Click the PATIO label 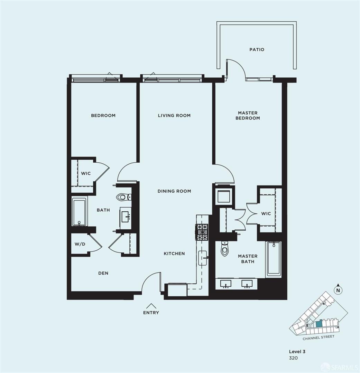click(x=257, y=49)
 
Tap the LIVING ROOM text click(x=174, y=115)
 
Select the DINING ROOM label click(x=174, y=191)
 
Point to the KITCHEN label click(x=174, y=254)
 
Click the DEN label click(x=103, y=273)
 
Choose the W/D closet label click(x=80, y=244)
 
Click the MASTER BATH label click(x=248, y=259)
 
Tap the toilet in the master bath click(x=224, y=248)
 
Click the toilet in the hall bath click(x=124, y=197)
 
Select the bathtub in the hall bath click(x=79, y=212)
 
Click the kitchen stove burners click(x=202, y=232)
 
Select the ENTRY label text click(x=151, y=313)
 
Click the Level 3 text click(x=297, y=351)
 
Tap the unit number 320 click(x=293, y=358)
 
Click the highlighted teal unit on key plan click(x=319, y=323)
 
